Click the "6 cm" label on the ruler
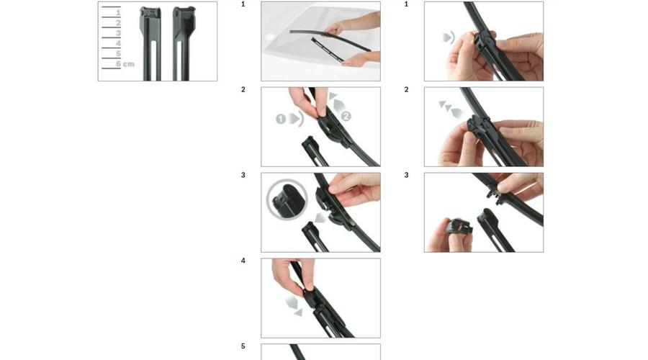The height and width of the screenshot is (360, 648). click(x=125, y=64)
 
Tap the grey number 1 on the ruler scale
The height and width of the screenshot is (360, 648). click(x=118, y=13)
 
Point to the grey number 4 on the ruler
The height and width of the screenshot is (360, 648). click(x=118, y=43)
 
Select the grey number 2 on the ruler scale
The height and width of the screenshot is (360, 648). click(x=118, y=24)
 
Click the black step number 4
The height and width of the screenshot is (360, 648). click(x=243, y=261)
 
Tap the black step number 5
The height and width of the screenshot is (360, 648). click(x=243, y=346)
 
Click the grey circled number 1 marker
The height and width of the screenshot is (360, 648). click(x=281, y=120)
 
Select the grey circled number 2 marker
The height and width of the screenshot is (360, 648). click(x=346, y=116)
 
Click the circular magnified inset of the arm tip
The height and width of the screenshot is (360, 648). click(x=287, y=199)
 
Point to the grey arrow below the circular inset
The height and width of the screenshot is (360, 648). click(x=320, y=217)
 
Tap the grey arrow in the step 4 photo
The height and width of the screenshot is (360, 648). click(x=294, y=306)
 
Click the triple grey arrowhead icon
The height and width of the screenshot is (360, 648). click(x=451, y=109)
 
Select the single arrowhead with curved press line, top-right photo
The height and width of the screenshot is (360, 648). click(x=449, y=37)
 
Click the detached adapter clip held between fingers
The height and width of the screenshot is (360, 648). click(x=459, y=228)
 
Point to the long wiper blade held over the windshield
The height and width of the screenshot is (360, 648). click(x=330, y=40)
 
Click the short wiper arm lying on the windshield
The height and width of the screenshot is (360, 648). click(x=326, y=50)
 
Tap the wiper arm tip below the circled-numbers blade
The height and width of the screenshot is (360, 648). click(x=315, y=151)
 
